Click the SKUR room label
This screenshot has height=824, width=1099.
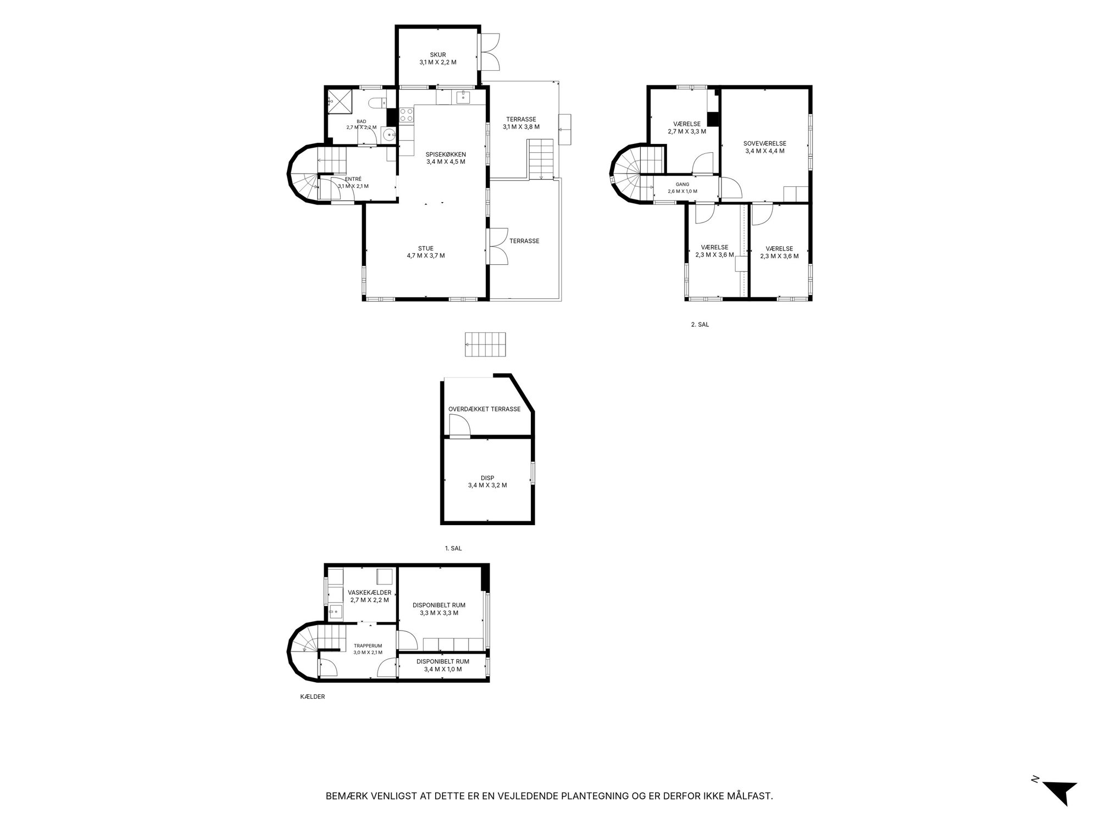pyautogui.click(x=438, y=55)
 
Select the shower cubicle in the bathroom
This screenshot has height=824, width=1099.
pyautogui.click(x=338, y=101)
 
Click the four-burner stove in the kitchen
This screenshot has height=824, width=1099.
pyautogui.click(x=407, y=115)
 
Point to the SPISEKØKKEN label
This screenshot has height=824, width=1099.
pyautogui.click(x=446, y=154)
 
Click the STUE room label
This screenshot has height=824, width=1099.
pyautogui.click(x=425, y=248)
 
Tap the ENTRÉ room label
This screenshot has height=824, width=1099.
pyautogui.click(x=353, y=179)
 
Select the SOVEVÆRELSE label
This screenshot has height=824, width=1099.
pyautogui.click(x=765, y=143)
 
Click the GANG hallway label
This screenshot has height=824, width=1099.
pyautogui.click(x=682, y=185)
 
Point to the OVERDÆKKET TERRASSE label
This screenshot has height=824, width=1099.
pyautogui.click(x=484, y=409)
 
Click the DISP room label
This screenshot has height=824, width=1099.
pyautogui.click(x=487, y=478)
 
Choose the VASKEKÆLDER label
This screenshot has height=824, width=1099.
pyautogui.click(x=369, y=593)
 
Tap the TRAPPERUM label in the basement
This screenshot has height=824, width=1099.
pyautogui.click(x=368, y=646)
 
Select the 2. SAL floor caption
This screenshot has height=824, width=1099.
pyautogui.click(x=700, y=325)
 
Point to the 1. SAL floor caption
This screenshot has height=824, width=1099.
pyautogui.click(x=453, y=548)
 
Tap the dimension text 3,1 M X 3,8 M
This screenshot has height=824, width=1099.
pyautogui.click(x=521, y=127)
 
